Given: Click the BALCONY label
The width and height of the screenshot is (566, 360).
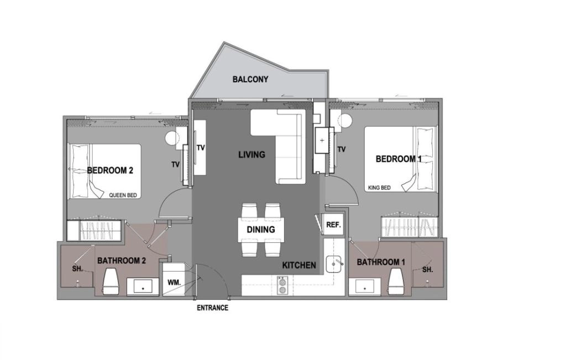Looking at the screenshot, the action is tap(250, 80).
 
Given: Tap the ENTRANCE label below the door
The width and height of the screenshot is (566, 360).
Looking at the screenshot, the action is tap(212, 308).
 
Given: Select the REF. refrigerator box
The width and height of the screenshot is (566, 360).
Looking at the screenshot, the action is tap(333, 225).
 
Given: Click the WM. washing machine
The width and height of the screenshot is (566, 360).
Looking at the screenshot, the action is tap(174, 283).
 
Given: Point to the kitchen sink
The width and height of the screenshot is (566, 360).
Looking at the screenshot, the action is tap(334, 264).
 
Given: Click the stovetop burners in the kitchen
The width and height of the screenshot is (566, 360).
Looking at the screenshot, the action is tap(282, 285).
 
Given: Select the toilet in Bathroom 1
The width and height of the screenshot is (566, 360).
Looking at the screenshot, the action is tap(397, 281).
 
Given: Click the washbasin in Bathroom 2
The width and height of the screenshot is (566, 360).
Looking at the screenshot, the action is tap(143, 286).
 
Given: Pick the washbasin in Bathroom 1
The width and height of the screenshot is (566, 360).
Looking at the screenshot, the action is tap(365, 286).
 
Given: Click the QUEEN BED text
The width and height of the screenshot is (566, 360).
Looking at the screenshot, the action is tap(123, 195).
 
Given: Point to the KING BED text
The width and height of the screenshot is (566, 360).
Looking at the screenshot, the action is tap(379, 188).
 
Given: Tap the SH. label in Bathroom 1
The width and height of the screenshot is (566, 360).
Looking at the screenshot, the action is tap(427, 269).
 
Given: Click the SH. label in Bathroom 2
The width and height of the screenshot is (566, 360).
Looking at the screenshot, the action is tap(77, 269).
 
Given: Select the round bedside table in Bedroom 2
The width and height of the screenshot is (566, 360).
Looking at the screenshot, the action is tap(172, 138).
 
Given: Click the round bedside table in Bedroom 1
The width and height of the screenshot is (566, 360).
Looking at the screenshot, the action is tap(344, 121).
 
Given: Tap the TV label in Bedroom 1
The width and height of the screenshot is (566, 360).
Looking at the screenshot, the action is tap(342, 149).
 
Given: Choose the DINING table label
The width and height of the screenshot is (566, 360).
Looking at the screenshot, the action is tap(261, 229).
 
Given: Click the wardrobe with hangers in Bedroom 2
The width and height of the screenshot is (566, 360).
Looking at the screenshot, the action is tap(94, 230).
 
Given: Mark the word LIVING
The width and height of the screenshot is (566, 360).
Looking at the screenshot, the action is tap(251, 155).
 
